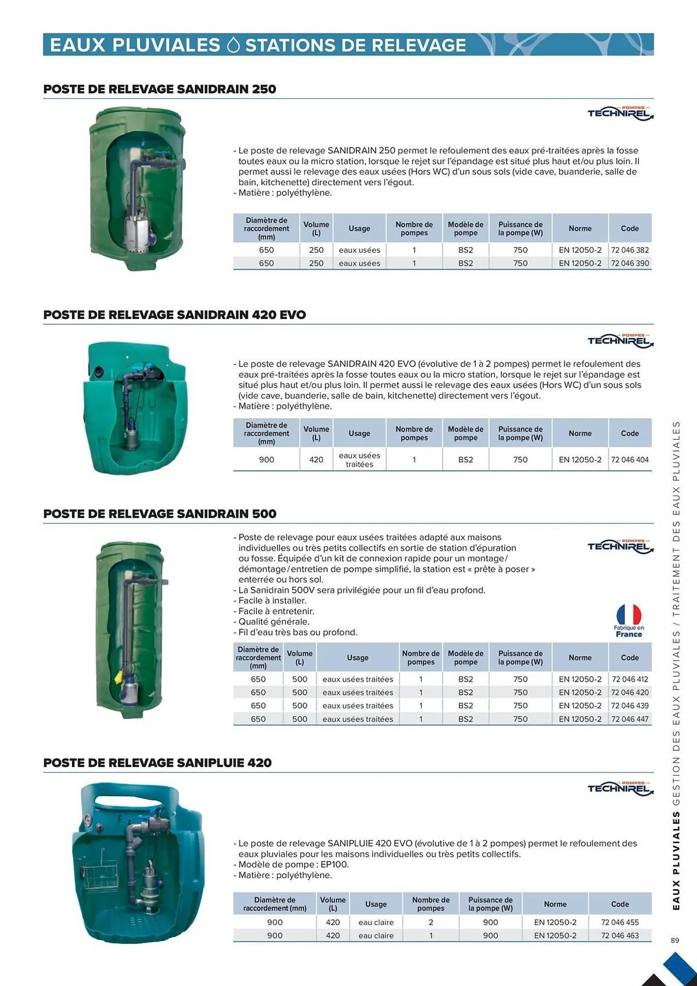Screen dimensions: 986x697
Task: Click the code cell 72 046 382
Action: point(629,250)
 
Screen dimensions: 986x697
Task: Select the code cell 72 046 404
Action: point(629,459)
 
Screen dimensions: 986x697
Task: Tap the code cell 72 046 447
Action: point(629,719)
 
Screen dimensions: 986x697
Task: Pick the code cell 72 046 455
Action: point(620,922)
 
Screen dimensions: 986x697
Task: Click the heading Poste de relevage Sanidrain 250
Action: point(160,89)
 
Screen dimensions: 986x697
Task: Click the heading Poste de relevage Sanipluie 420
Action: point(157,763)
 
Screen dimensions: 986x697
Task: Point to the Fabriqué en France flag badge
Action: point(628,620)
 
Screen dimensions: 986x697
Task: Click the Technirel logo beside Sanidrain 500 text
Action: point(620,546)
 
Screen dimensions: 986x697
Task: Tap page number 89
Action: point(675,940)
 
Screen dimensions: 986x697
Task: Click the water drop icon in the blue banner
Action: point(233,45)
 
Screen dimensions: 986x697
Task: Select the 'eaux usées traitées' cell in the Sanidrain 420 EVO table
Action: point(359,459)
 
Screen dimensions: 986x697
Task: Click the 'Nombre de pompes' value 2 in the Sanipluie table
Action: point(431,922)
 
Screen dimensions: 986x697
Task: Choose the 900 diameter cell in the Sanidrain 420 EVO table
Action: point(266,459)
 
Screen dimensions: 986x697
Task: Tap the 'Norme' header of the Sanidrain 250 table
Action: point(580,228)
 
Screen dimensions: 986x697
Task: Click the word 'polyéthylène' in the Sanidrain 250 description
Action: point(304,193)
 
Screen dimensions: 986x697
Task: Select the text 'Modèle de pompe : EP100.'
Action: point(293,864)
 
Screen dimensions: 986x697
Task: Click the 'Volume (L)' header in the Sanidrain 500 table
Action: point(299,657)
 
